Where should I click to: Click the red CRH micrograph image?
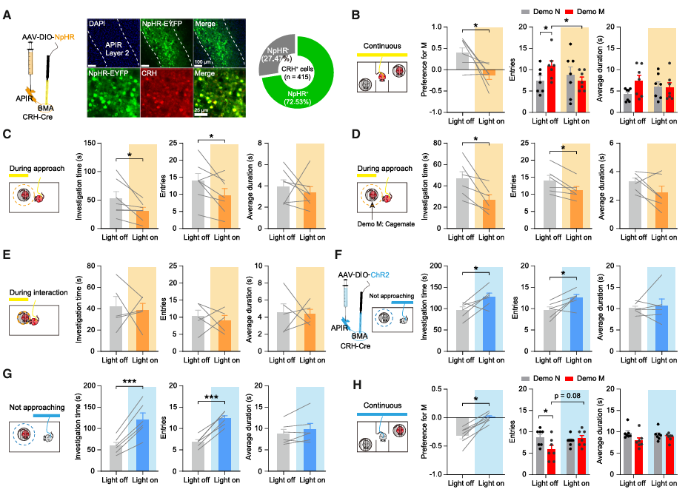pyautogui.click(x=163, y=92)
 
